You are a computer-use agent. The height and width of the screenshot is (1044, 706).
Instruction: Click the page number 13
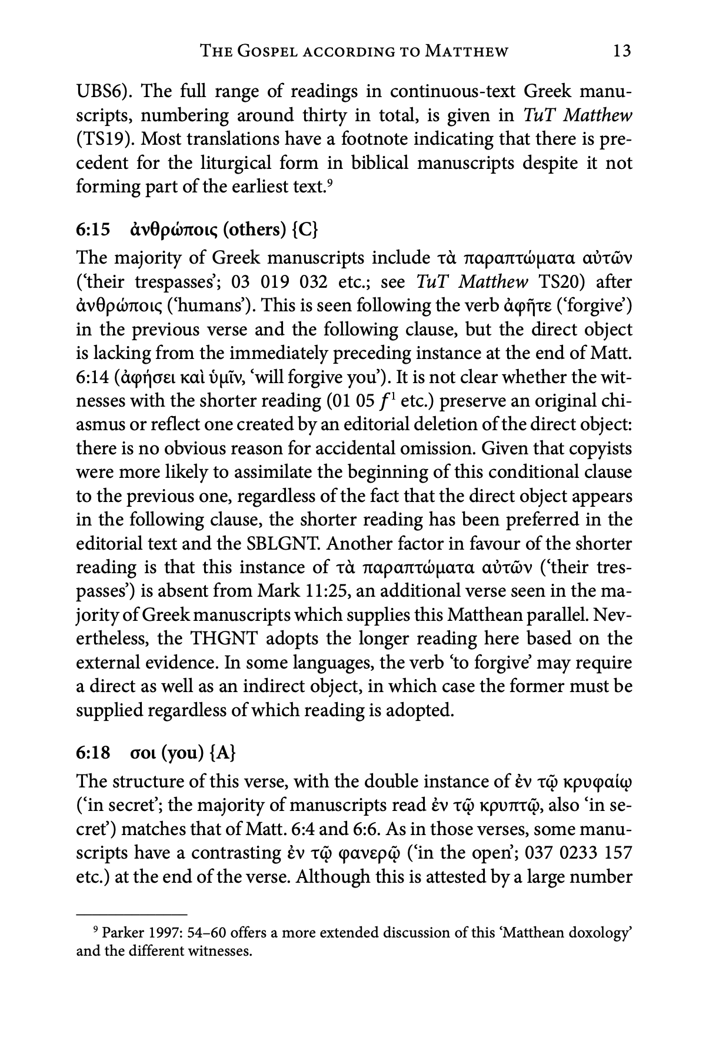[x=621, y=51]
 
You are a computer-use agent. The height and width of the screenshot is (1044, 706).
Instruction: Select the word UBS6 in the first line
[x=100, y=92]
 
